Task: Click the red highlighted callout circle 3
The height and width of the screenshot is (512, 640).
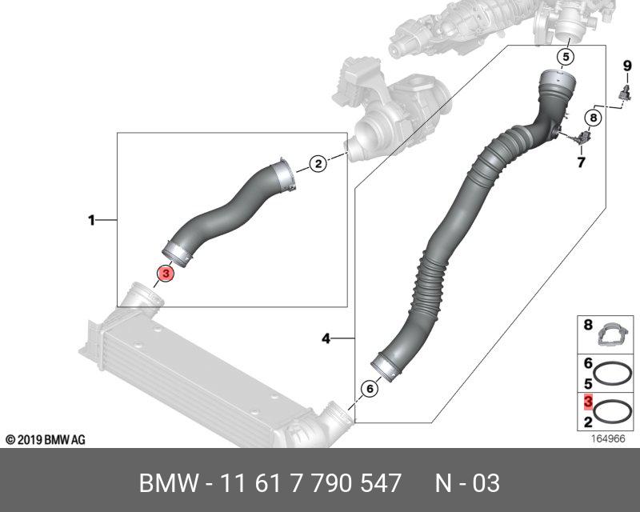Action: click(166, 273)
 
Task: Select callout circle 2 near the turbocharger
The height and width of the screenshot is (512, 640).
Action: click(318, 164)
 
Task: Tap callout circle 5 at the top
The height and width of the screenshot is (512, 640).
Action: click(566, 57)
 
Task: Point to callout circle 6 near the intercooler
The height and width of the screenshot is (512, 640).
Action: click(370, 388)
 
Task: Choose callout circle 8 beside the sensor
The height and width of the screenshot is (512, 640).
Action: click(593, 118)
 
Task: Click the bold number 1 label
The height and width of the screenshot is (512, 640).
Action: click(91, 221)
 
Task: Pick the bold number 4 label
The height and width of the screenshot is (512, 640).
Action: click(326, 338)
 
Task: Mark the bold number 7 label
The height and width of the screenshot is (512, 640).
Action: click(581, 162)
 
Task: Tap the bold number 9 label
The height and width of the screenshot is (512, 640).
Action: click(627, 66)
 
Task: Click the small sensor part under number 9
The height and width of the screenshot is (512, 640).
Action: click(625, 94)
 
